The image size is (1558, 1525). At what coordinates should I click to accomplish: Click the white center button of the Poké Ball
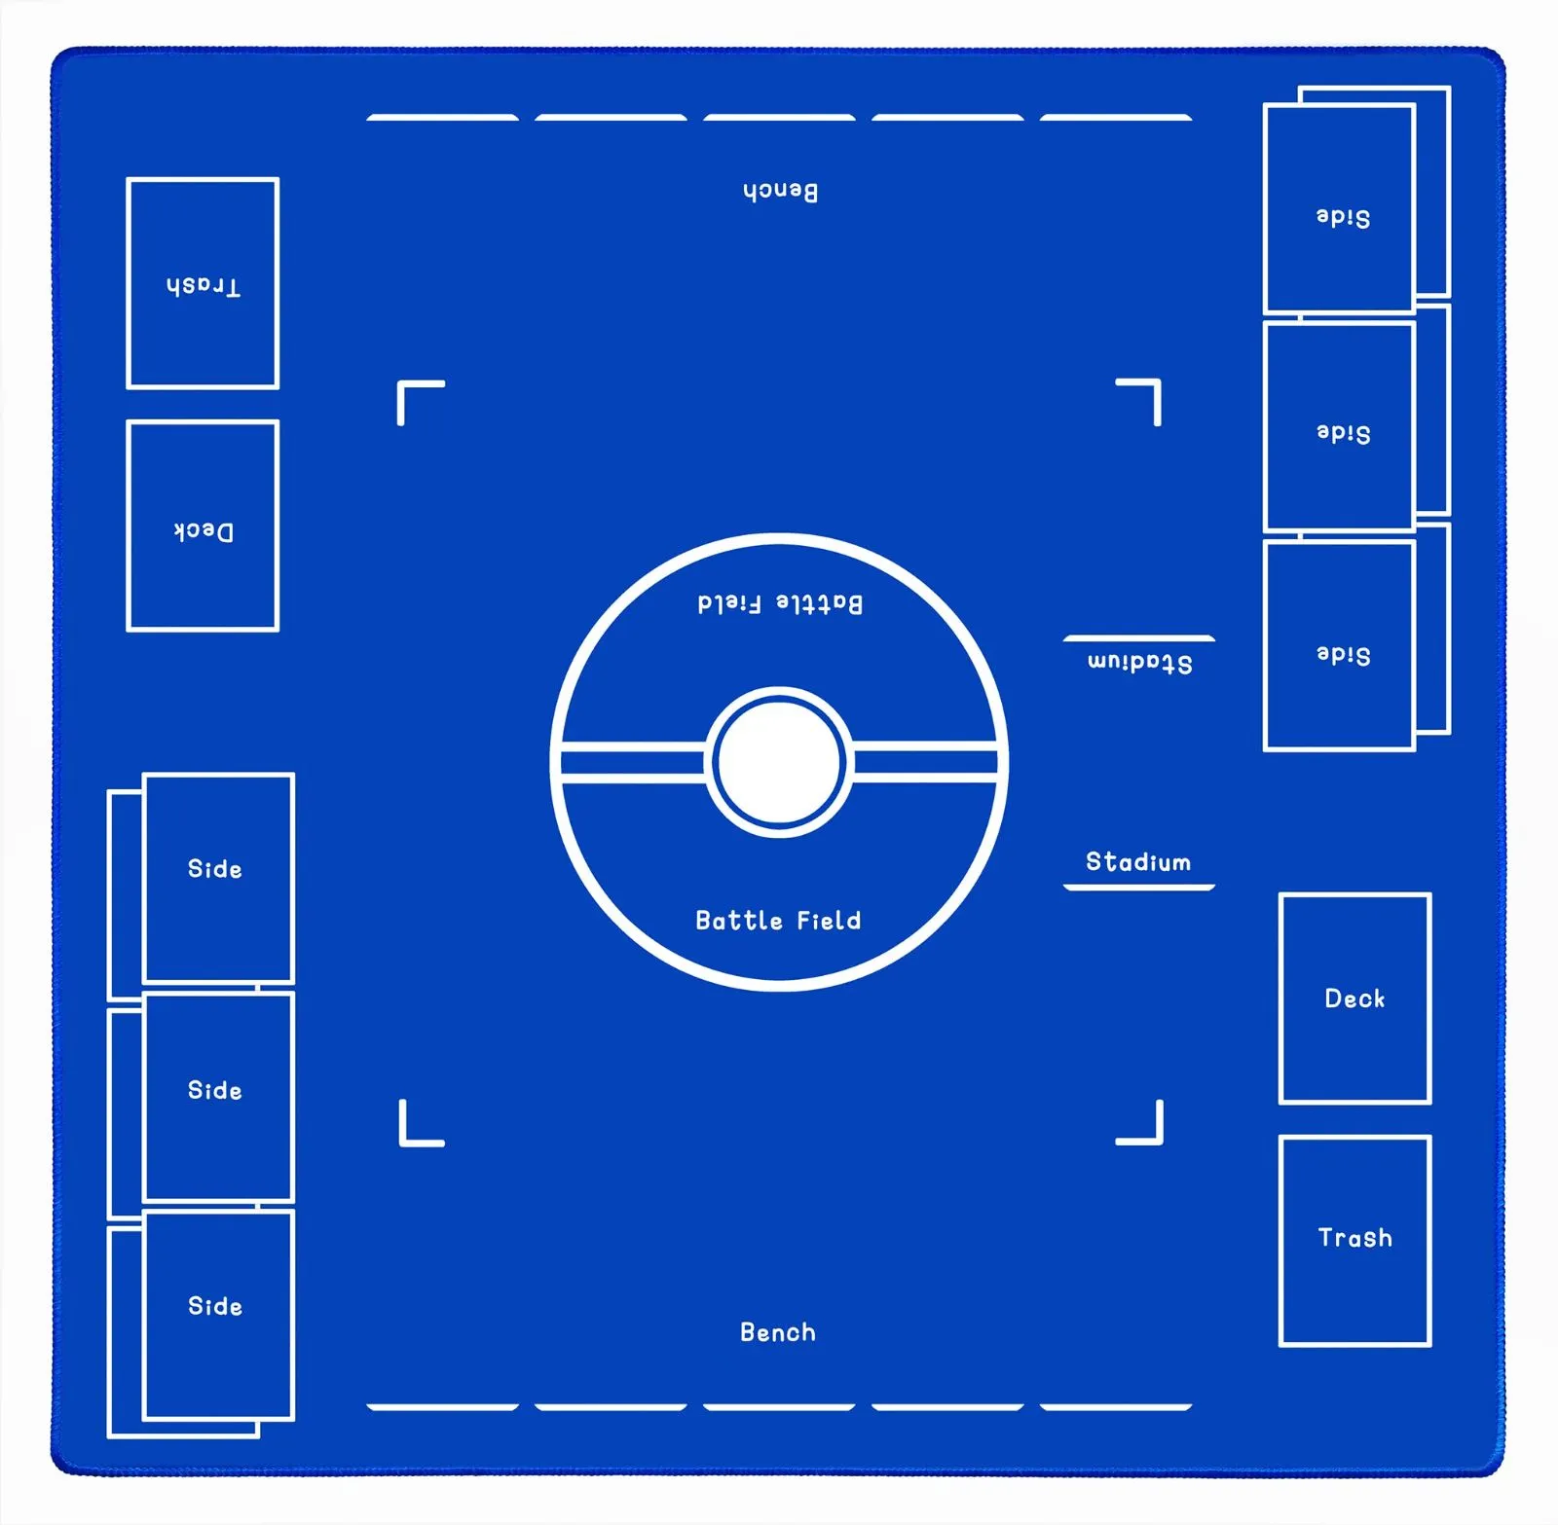click(779, 762)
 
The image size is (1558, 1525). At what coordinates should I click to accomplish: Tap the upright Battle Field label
click(778, 921)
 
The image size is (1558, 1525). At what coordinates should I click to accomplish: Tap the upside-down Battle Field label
click(780, 603)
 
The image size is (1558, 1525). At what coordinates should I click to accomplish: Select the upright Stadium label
click(1138, 862)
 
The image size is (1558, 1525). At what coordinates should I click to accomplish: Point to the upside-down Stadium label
click(1139, 663)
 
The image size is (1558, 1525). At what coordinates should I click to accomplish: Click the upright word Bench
click(778, 1332)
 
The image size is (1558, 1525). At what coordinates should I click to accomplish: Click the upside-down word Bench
click(780, 191)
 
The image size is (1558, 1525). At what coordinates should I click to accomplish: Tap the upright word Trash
click(1355, 1238)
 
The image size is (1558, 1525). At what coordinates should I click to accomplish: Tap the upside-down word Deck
click(204, 531)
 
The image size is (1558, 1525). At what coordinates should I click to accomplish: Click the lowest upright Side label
click(215, 1306)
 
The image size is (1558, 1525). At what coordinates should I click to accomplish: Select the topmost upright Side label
click(215, 869)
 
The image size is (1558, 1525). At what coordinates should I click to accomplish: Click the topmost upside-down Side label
click(1343, 217)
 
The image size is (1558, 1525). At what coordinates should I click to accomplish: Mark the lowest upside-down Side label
click(1343, 655)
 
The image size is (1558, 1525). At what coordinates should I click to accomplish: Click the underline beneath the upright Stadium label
click(1139, 888)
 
